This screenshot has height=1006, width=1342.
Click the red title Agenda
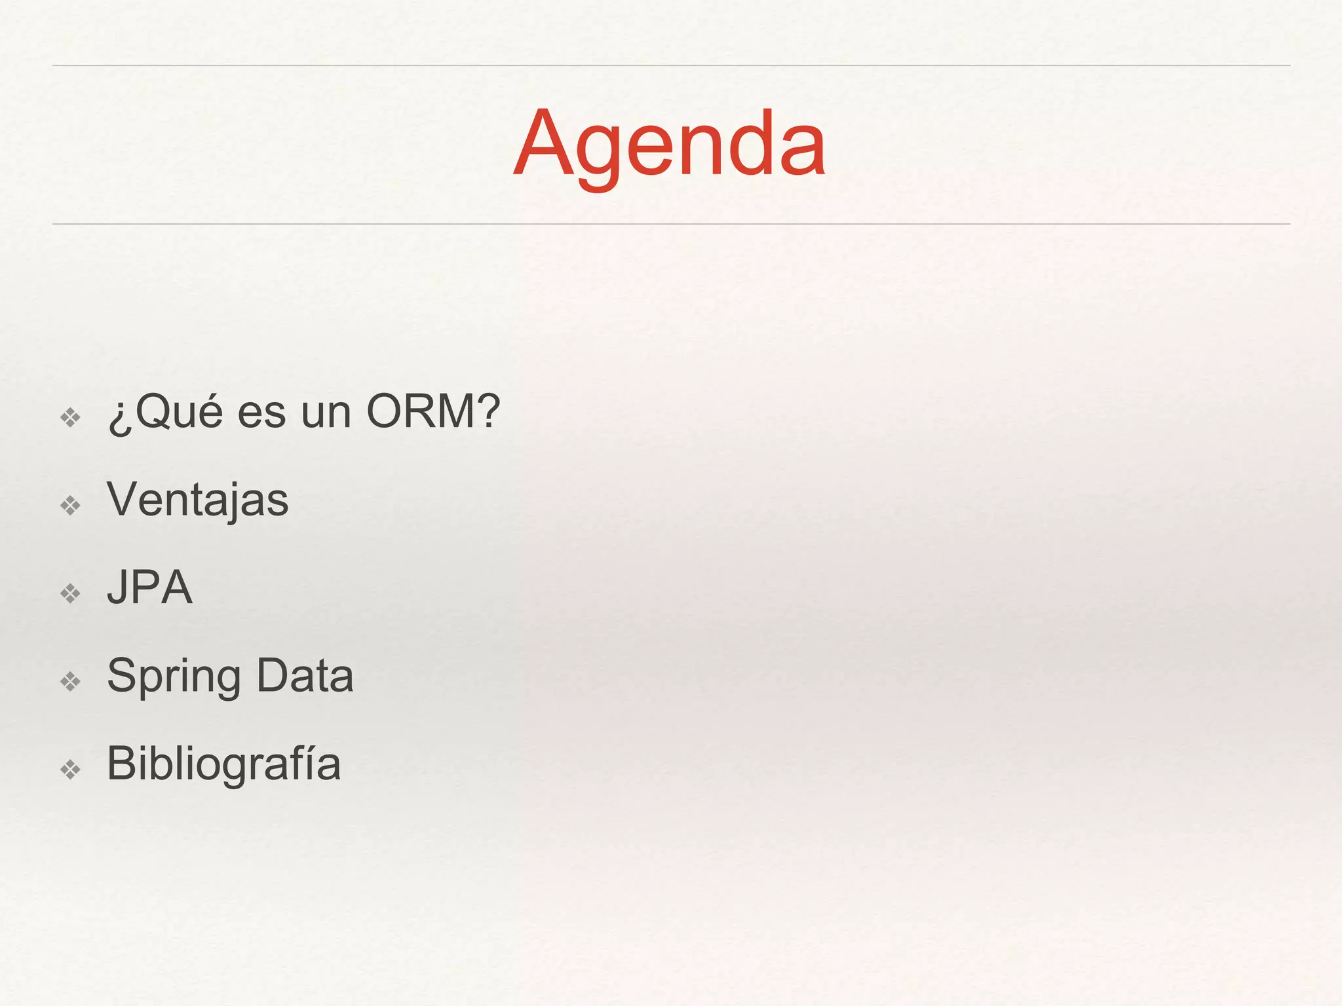click(x=670, y=144)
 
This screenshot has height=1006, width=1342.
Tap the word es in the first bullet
click(x=261, y=414)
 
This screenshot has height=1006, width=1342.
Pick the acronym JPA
click(x=149, y=587)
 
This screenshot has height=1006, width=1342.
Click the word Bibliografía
click(x=223, y=764)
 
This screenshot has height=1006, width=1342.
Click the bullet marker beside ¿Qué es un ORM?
click(x=70, y=417)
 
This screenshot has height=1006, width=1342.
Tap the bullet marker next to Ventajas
click(x=70, y=505)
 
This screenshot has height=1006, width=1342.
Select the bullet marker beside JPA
click(x=70, y=593)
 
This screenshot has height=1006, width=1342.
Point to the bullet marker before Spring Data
click(x=70, y=682)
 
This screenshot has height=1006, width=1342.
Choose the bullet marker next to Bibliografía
click(x=70, y=769)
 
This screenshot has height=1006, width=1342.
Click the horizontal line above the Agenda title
click(x=671, y=65)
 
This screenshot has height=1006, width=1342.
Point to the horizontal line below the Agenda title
click(x=671, y=224)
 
